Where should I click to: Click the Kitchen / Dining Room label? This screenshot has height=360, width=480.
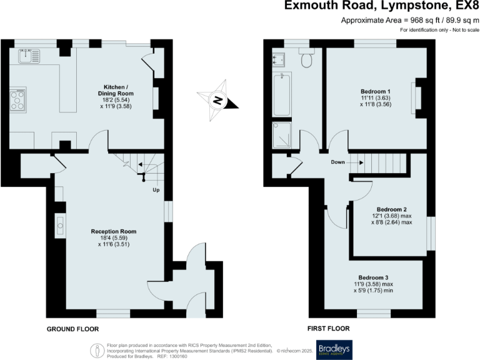click(x=116, y=91)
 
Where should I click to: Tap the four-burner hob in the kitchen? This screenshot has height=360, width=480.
click(x=18, y=100)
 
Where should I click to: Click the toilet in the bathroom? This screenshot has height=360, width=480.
click(x=306, y=59)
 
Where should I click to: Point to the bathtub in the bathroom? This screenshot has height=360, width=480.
click(x=280, y=94)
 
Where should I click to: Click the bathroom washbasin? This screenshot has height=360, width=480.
click(x=279, y=59)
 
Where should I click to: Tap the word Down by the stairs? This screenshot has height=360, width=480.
click(x=338, y=162)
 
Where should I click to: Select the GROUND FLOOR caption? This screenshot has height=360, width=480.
click(x=72, y=328)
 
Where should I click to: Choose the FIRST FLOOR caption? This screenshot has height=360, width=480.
click(x=328, y=328)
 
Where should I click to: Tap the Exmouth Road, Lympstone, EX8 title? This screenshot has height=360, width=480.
click(x=381, y=6)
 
